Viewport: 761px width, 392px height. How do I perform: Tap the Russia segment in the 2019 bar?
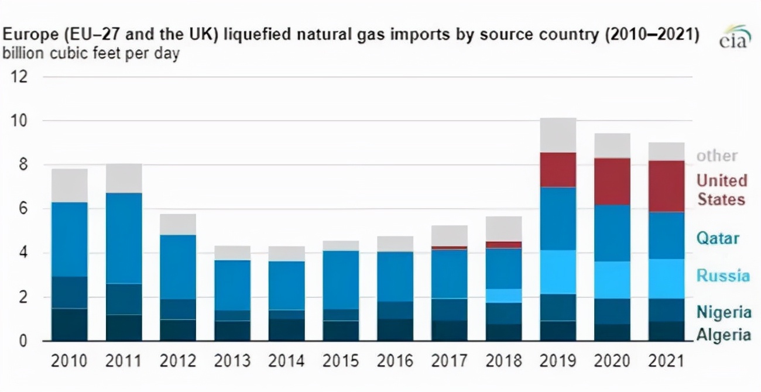(558, 272)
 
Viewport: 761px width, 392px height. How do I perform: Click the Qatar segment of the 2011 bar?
(124, 238)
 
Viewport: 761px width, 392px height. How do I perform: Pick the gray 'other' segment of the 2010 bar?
(69, 185)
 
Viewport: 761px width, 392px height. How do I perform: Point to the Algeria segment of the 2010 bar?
(69, 325)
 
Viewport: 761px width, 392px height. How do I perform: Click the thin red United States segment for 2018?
(503, 245)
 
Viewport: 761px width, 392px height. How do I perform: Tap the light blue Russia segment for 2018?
(503, 295)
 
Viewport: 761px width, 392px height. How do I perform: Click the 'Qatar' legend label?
(718, 238)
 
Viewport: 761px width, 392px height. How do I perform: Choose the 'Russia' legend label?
(723, 276)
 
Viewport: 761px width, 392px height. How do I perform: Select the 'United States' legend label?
(721, 190)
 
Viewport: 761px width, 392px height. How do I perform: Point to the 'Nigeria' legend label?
(724, 312)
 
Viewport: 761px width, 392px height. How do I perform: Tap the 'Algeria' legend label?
(723, 335)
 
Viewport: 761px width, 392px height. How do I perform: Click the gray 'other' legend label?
(717, 156)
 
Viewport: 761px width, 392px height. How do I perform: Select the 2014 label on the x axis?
(286, 360)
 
